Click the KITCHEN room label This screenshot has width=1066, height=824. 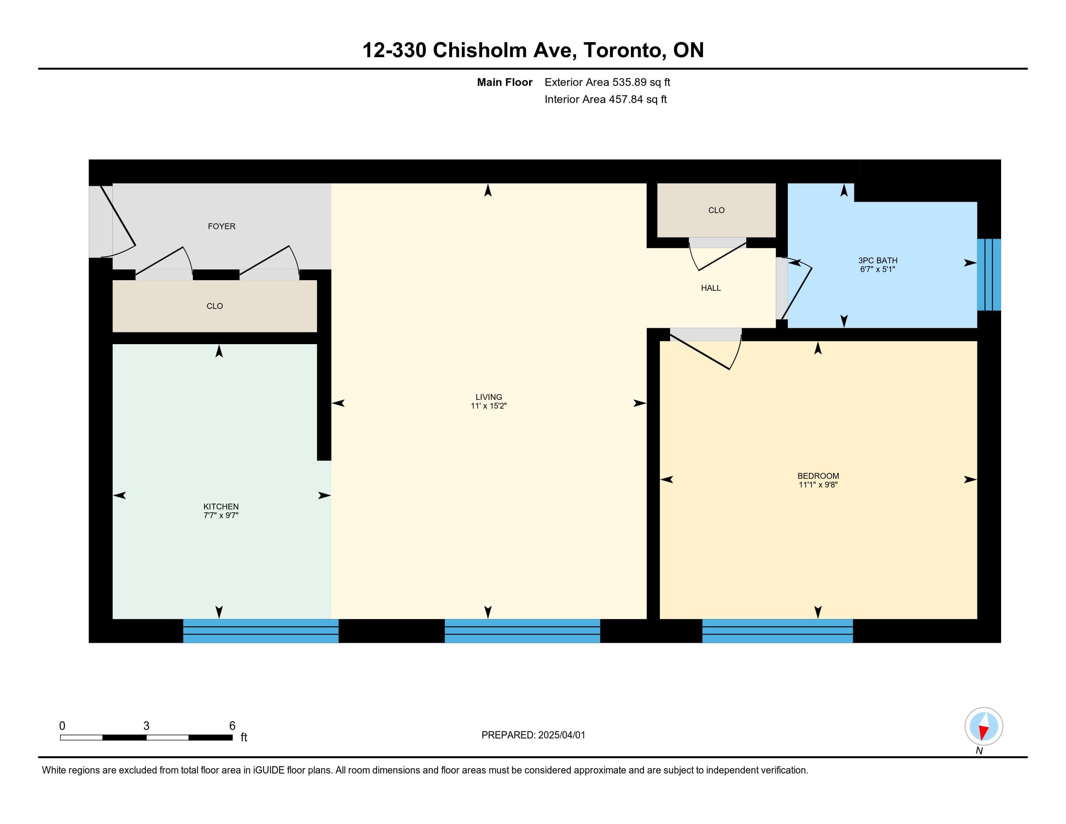tap(221, 507)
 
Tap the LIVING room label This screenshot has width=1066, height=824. tap(488, 397)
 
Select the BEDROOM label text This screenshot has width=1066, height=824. tap(818, 476)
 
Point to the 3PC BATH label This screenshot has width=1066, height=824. tap(878, 261)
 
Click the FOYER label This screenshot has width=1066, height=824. tap(221, 226)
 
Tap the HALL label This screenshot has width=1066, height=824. tap(711, 288)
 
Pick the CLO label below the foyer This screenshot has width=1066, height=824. tap(215, 306)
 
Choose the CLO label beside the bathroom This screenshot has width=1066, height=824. tap(716, 210)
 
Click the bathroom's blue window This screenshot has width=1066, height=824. tap(989, 274)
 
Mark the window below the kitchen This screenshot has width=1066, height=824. tap(261, 631)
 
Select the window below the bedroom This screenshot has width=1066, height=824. tap(778, 631)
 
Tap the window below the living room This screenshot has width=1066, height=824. tap(522, 631)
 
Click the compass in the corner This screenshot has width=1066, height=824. tap(984, 727)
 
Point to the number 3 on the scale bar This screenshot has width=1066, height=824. tap(146, 726)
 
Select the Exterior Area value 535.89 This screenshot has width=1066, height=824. tap(629, 82)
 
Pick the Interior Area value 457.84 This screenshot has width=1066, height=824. tap(626, 99)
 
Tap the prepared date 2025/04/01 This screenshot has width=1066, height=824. tap(561, 735)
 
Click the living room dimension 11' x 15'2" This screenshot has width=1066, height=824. tap(488, 406)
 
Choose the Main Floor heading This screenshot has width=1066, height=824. tap(505, 82)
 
